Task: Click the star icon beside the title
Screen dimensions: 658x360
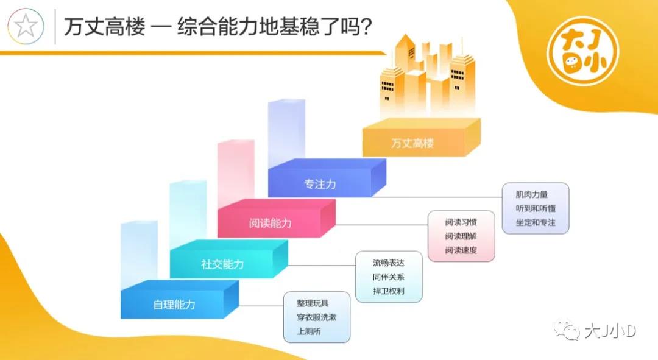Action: coord(26,26)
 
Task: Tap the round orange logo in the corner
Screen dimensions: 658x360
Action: coord(583,51)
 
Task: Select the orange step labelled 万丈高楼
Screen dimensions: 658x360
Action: coord(422,138)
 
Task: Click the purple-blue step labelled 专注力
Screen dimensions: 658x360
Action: coord(327,178)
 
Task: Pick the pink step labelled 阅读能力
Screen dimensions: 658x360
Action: coord(277,219)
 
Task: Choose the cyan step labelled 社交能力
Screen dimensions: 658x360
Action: coord(228,259)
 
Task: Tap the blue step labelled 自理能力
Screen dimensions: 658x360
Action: coord(180,300)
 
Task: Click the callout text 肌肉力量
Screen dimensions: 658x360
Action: coord(532,194)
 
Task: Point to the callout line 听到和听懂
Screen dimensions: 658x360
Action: coord(536,208)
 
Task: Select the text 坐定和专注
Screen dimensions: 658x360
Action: coord(536,222)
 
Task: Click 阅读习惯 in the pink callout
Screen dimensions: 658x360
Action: coord(461,222)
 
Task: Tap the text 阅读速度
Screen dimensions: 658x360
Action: coord(461,250)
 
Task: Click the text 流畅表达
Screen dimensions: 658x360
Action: coord(388,263)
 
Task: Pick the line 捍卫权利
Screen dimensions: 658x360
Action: coord(388,291)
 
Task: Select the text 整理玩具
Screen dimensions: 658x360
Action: coord(313,303)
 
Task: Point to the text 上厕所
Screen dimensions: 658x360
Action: coord(309,331)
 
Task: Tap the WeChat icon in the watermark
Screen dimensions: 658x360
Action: coord(567,330)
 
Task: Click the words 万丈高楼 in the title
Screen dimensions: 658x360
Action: coord(105,27)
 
